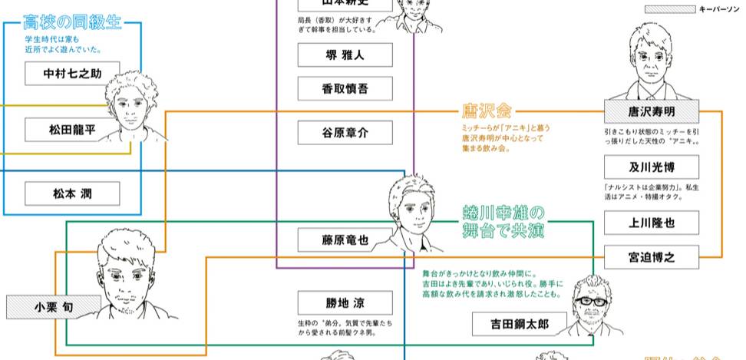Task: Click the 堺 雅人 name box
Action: [x=345, y=55]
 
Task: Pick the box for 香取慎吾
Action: [x=345, y=88]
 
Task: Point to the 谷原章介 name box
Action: [x=345, y=132]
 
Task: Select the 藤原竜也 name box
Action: [x=345, y=239]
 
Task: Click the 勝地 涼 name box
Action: [x=345, y=302]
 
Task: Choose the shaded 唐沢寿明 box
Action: [x=651, y=112]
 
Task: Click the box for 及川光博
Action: [x=651, y=167]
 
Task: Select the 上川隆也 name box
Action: [x=651, y=223]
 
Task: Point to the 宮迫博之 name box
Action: [x=651, y=257]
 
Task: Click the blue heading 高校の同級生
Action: [x=73, y=21]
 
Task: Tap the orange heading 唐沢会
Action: [x=487, y=111]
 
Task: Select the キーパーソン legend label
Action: [x=718, y=9]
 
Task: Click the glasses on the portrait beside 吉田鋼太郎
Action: [x=589, y=301]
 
